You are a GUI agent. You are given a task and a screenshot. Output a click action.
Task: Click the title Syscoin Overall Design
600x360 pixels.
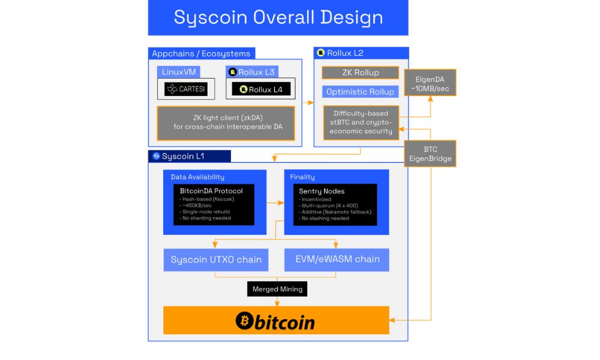click(x=278, y=17)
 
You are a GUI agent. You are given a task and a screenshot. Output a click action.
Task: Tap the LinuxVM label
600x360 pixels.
click(x=179, y=72)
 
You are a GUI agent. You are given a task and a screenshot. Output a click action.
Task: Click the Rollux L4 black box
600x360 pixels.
click(x=261, y=89)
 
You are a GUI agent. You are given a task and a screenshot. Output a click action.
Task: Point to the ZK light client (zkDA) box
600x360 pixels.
click(x=226, y=123)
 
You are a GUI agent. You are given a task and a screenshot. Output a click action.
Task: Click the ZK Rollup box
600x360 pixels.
click(x=360, y=73)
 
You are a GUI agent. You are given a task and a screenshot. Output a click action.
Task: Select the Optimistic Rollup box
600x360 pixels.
click(x=360, y=92)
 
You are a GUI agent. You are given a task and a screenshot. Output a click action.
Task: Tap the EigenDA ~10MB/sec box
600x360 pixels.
click(x=430, y=83)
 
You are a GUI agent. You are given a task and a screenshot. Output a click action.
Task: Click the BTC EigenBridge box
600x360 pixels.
click(x=430, y=154)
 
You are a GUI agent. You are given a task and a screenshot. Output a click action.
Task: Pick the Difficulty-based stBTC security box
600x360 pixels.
click(x=361, y=122)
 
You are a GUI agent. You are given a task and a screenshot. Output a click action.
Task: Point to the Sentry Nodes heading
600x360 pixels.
click(x=322, y=191)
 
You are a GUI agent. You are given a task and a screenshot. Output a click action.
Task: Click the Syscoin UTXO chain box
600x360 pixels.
click(x=216, y=260)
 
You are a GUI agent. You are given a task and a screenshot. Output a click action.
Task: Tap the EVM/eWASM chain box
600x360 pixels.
click(x=337, y=259)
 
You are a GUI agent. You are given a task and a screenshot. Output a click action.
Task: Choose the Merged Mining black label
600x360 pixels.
click(x=277, y=289)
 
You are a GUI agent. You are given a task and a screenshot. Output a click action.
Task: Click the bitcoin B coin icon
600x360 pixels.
click(x=243, y=321)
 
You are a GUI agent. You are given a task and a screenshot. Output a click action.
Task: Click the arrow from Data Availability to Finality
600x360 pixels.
click(x=275, y=203)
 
